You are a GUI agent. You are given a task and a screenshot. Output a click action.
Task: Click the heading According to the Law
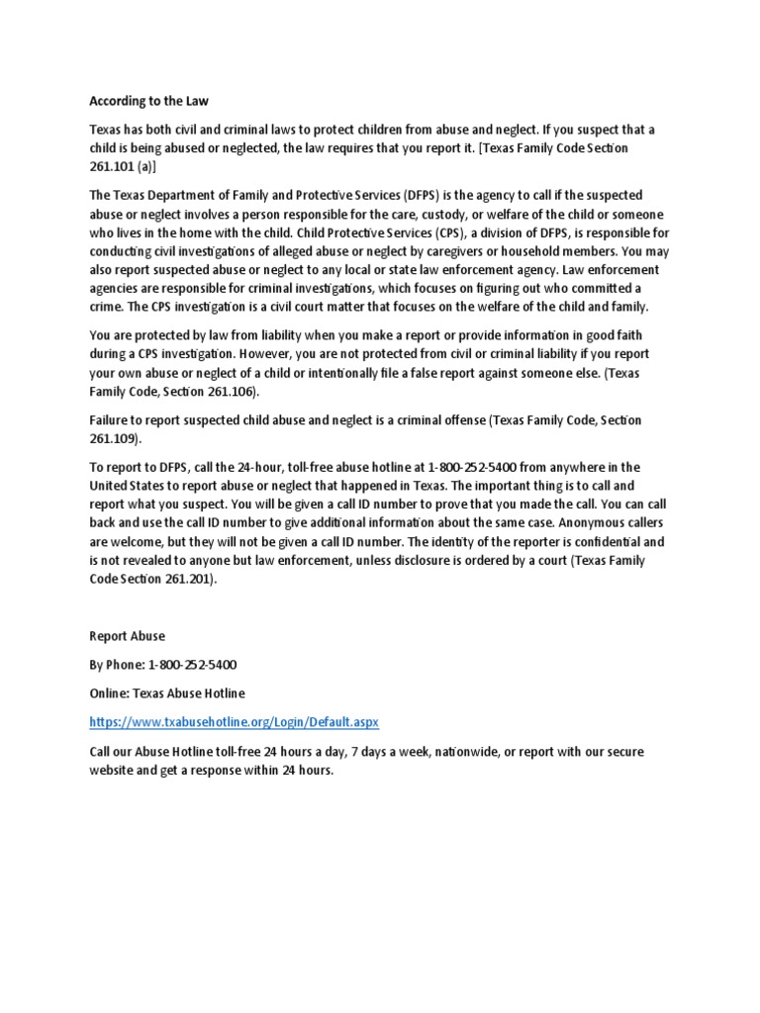[x=149, y=101]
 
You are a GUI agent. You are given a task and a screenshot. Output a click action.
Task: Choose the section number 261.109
[x=115, y=438]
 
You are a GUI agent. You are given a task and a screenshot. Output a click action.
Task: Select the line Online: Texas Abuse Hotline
[x=167, y=692]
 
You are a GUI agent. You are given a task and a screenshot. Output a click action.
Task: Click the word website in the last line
[x=114, y=771]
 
